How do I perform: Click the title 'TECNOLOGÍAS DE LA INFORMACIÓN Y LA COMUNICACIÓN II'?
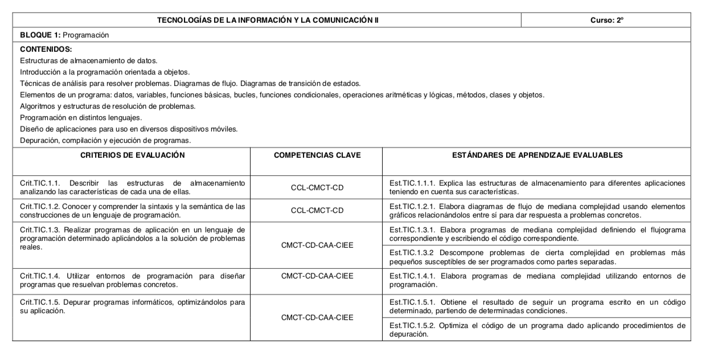268,20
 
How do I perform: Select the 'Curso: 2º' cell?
607,20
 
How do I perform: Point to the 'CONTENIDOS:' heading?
46,50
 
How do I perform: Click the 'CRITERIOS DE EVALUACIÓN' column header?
133,155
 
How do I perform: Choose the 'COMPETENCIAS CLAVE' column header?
317,155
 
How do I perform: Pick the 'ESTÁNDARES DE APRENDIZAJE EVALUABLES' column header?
537,155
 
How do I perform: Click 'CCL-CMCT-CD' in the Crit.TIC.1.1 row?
317,187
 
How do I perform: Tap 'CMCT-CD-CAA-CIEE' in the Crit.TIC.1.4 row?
317,276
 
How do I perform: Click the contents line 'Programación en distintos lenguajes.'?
81,117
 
